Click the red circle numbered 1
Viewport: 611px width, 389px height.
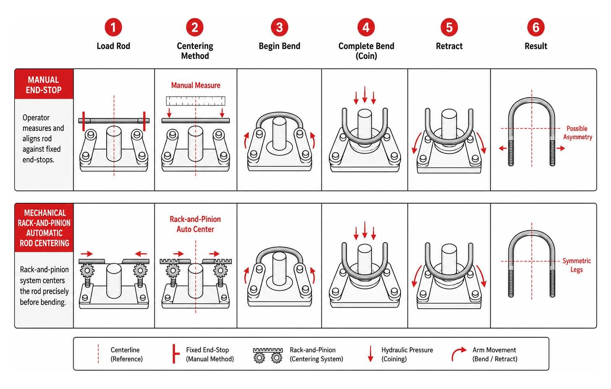pyautogui.click(x=113, y=27)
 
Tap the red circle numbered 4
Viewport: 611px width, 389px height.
pyautogui.click(x=366, y=27)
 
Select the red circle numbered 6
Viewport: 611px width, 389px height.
pyautogui.click(x=536, y=27)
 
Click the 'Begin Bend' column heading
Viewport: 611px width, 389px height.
pyautogui.click(x=279, y=46)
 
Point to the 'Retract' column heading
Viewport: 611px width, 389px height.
pyautogui.click(x=449, y=46)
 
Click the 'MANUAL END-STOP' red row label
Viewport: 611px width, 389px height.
pyautogui.click(x=44, y=85)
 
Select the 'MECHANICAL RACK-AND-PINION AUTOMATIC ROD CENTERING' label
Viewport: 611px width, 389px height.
pyautogui.click(x=44, y=228)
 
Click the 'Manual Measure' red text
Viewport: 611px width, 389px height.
pyautogui.click(x=196, y=86)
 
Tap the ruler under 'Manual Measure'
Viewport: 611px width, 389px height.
pyautogui.click(x=196, y=101)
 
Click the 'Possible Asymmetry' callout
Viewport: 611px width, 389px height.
pyautogui.click(x=578, y=132)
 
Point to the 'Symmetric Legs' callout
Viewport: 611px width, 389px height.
pyautogui.click(x=577, y=265)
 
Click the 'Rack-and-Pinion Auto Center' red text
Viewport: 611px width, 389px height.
pyautogui.click(x=195, y=224)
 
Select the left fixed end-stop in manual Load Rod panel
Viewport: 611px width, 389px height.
pyautogui.click(x=84, y=121)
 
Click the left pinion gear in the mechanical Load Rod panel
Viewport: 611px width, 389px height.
pyautogui.click(x=87, y=270)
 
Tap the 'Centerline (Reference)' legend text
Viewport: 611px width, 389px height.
pyautogui.click(x=126, y=354)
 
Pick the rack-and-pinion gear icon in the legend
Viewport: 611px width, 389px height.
pyautogui.click(x=268, y=355)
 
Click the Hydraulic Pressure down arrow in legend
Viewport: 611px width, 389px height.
pyautogui.click(x=370, y=354)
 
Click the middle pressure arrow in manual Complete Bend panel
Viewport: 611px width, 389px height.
pyautogui.click(x=365, y=94)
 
